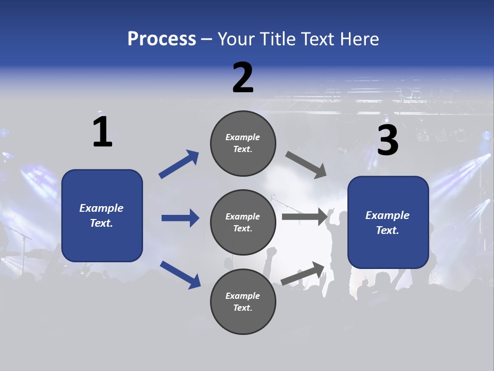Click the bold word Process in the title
[x=162, y=39]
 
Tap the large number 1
[x=102, y=132]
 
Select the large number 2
[x=243, y=78]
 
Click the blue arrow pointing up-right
[x=179, y=164]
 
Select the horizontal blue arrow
[x=180, y=218]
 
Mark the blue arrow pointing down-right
[x=180, y=275]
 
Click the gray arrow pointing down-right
[x=306, y=165]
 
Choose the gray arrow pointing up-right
[x=303, y=273]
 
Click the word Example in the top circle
[x=242, y=137]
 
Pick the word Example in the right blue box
[x=387, y=215]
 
